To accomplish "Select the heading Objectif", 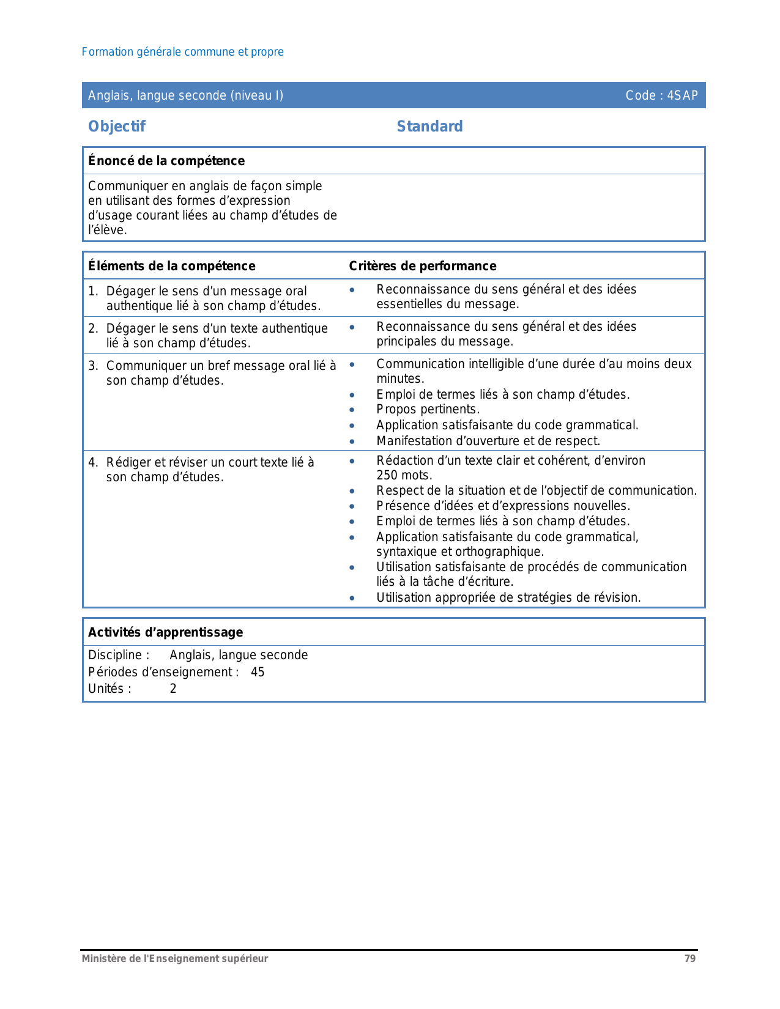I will coord(117,127).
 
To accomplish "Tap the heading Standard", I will coord(429,127).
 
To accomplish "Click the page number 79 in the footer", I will coord(690,959).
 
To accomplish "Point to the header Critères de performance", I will coord(422,266).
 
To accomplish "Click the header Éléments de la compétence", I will coord(171,266).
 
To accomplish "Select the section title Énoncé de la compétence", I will coord(166,161).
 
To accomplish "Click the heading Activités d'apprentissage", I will coord(165,632).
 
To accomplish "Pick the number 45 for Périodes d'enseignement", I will coord(258,672).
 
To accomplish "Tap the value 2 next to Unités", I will coord(173,689).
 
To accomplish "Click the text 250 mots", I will coord(404,475).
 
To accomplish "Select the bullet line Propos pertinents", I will coord(428,409).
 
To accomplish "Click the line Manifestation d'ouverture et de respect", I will coord(488,441).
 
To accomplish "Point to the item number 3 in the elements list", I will coord(92,366).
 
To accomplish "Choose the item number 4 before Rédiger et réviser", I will coord(92,462).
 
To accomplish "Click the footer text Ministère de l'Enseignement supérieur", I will coord(175,959).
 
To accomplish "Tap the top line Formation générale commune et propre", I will coord(182,52).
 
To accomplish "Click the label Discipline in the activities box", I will coord(116,655).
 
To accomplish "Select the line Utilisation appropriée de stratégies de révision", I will coord(508,597).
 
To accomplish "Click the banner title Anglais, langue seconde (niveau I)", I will coord(185,95).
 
